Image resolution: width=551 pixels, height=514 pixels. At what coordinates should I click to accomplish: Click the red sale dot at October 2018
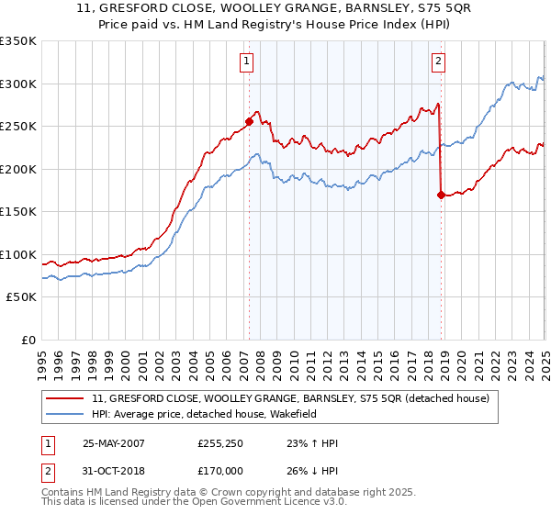(x=442, y=195)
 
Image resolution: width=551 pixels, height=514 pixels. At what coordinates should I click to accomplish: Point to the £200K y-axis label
(x=17, y=169)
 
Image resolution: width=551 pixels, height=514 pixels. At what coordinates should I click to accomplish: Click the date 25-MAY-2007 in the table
(x=113, y=443)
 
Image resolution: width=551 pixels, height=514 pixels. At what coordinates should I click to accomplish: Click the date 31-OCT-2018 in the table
(x=113, y=473)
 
